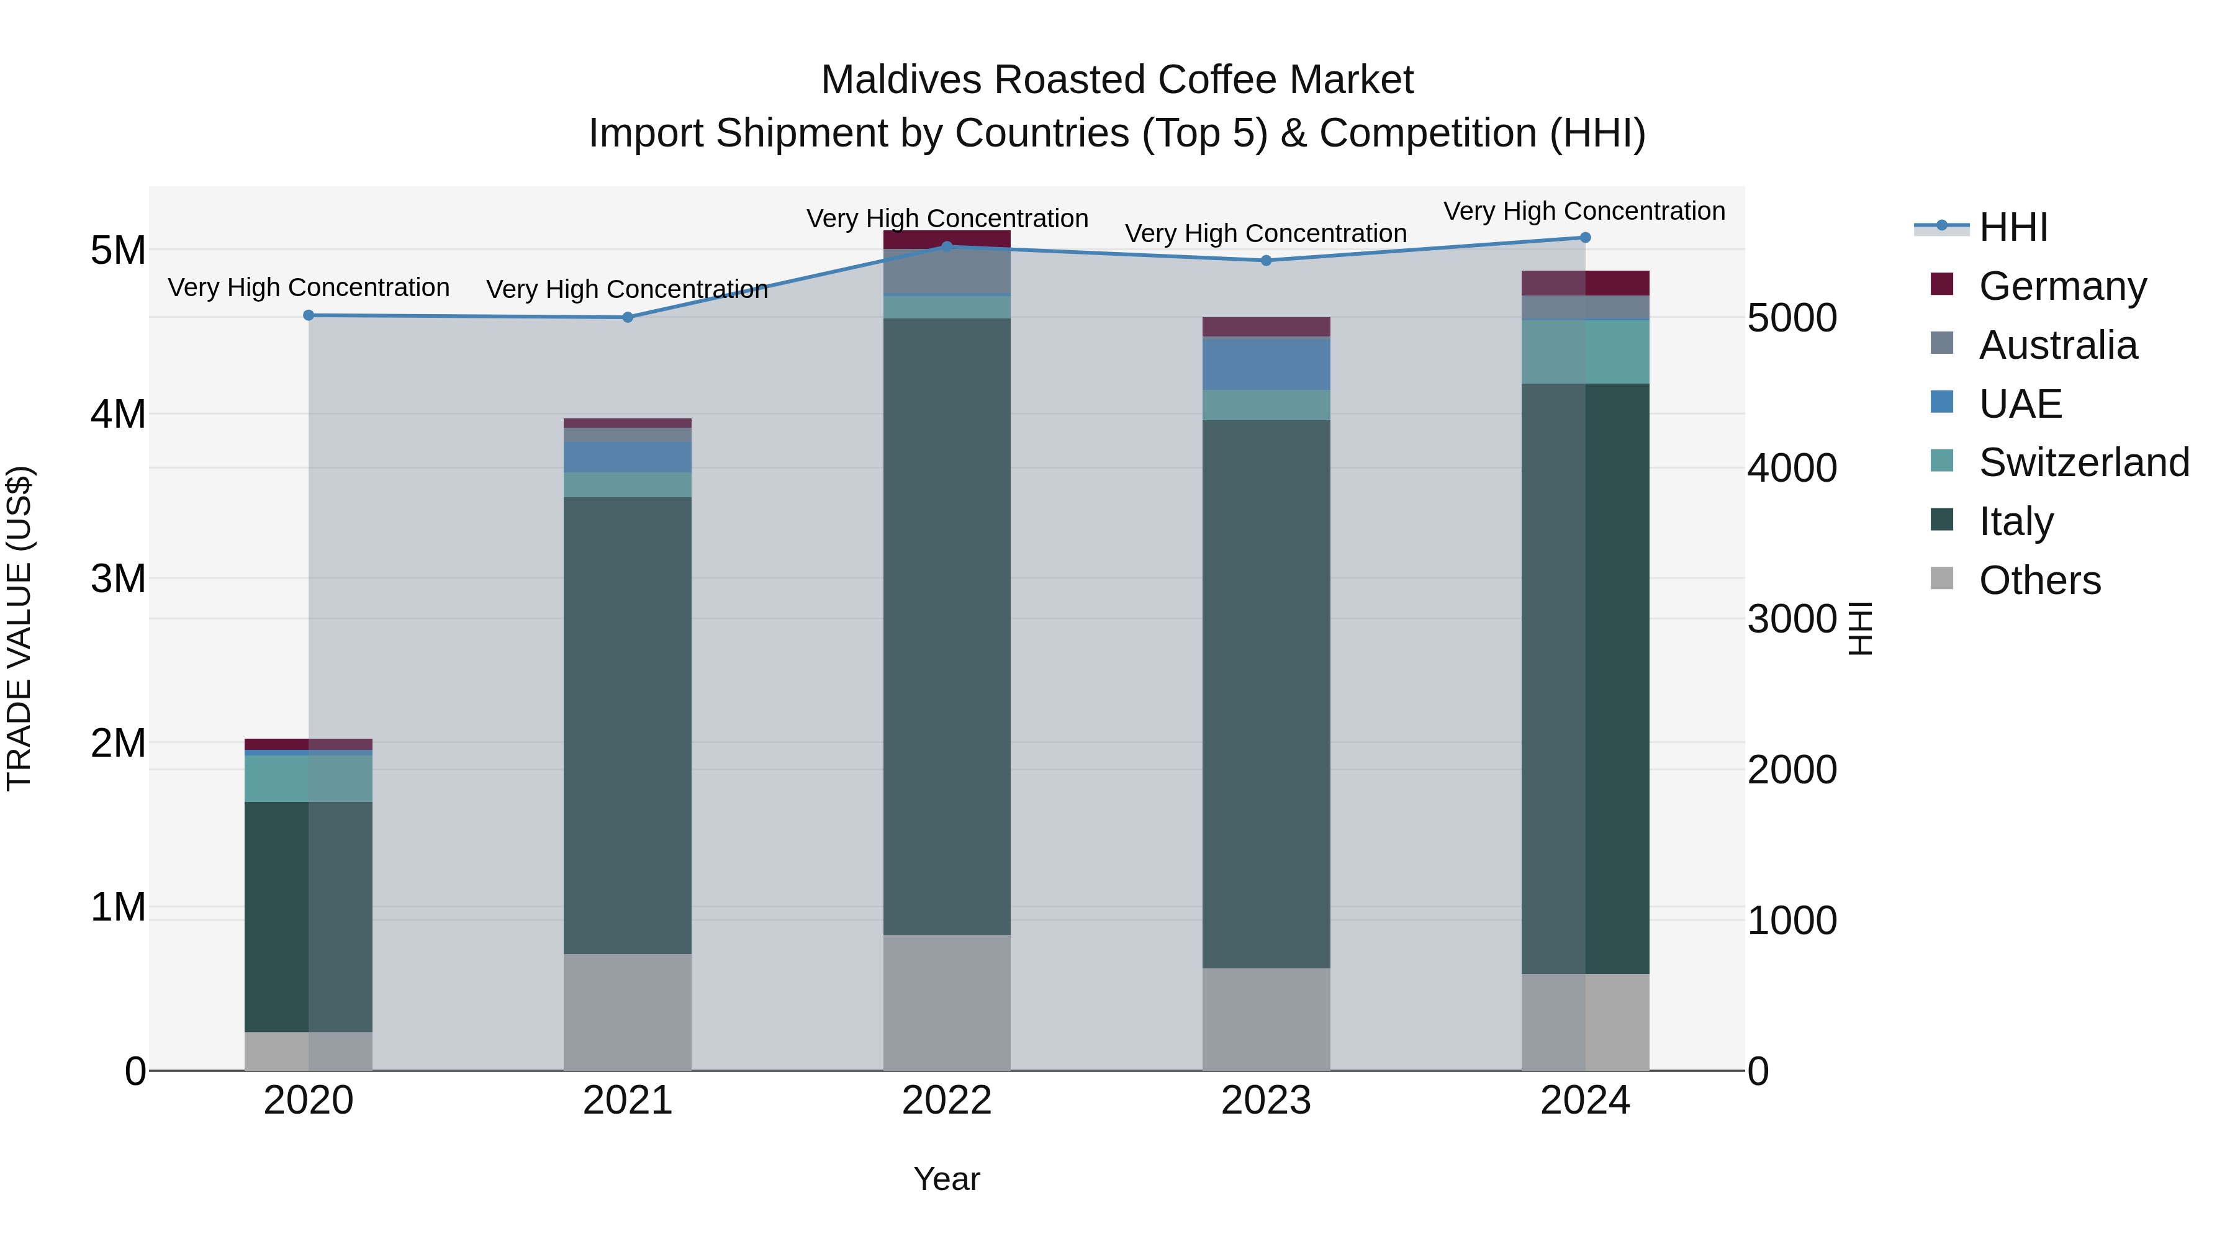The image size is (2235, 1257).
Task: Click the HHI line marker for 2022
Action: coord(947,246)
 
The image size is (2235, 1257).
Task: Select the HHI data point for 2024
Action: coord(1585,238)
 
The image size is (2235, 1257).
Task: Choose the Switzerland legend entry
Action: coord(2083,462)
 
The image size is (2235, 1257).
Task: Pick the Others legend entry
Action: coord(2039,580)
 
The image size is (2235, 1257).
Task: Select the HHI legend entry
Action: coord(2013,227)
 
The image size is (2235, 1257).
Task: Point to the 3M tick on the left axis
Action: coord(118,579)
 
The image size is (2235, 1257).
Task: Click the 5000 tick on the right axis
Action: coord(1790,318)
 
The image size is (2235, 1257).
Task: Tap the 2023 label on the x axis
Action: coord(1266,1101)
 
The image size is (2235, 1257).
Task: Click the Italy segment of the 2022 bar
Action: coord(947,624)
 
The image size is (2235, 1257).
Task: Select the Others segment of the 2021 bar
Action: coord(627,1012)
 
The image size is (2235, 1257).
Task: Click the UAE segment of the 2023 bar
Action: coord(1266,364)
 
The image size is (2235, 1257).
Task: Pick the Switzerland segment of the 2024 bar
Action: coord(1585,352)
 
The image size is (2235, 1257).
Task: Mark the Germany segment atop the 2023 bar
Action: coord(1266,327)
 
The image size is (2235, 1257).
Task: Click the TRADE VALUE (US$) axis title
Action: coord(20,628)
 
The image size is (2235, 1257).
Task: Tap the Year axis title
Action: coord(947,1179)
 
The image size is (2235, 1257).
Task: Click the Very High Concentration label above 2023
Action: coord(1266,234)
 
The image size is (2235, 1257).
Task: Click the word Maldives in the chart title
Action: coord(901,80)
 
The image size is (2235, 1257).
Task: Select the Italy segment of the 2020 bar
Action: coord(309,916)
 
